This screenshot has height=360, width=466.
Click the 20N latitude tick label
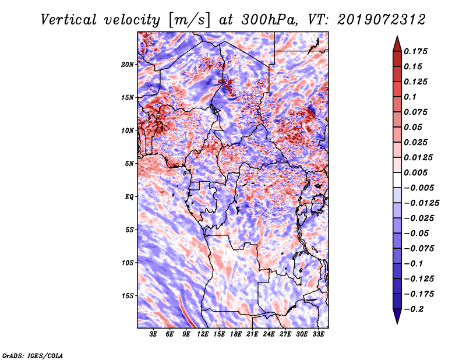click(127, 64)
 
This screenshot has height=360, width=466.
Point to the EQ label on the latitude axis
click(129, 196)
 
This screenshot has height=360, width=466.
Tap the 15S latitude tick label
click(127, 296)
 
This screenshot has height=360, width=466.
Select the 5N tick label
click(129, 164)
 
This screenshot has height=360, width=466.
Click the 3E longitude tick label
click(153, 334)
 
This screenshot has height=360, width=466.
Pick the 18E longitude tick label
click(236, 334)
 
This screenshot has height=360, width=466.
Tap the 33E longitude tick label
click(318, 334)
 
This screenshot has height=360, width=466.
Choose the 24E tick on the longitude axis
click(269, 334)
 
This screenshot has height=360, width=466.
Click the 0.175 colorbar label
click(415, 51)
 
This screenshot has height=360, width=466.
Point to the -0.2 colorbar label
click(414, 309)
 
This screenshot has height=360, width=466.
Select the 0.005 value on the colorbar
click(415, 172)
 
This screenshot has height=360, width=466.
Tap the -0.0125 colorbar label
click(421, 203)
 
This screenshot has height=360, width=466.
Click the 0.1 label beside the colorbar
click(410, 97)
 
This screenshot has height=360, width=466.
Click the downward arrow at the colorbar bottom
click(397, 316)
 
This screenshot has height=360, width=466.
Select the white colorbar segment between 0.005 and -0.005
click(397, 180)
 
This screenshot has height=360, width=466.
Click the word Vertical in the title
click(68, 20)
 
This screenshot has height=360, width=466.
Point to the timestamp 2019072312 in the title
click(382, 20)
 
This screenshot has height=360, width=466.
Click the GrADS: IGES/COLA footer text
click(33, 355)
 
